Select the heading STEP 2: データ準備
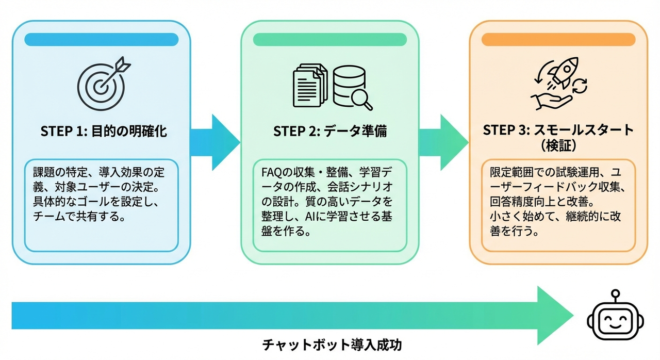(x=330, y=132)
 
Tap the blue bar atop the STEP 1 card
(x=102, y=40)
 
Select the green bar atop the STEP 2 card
(x=330, y=40)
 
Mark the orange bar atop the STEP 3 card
(x=557, y=40)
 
